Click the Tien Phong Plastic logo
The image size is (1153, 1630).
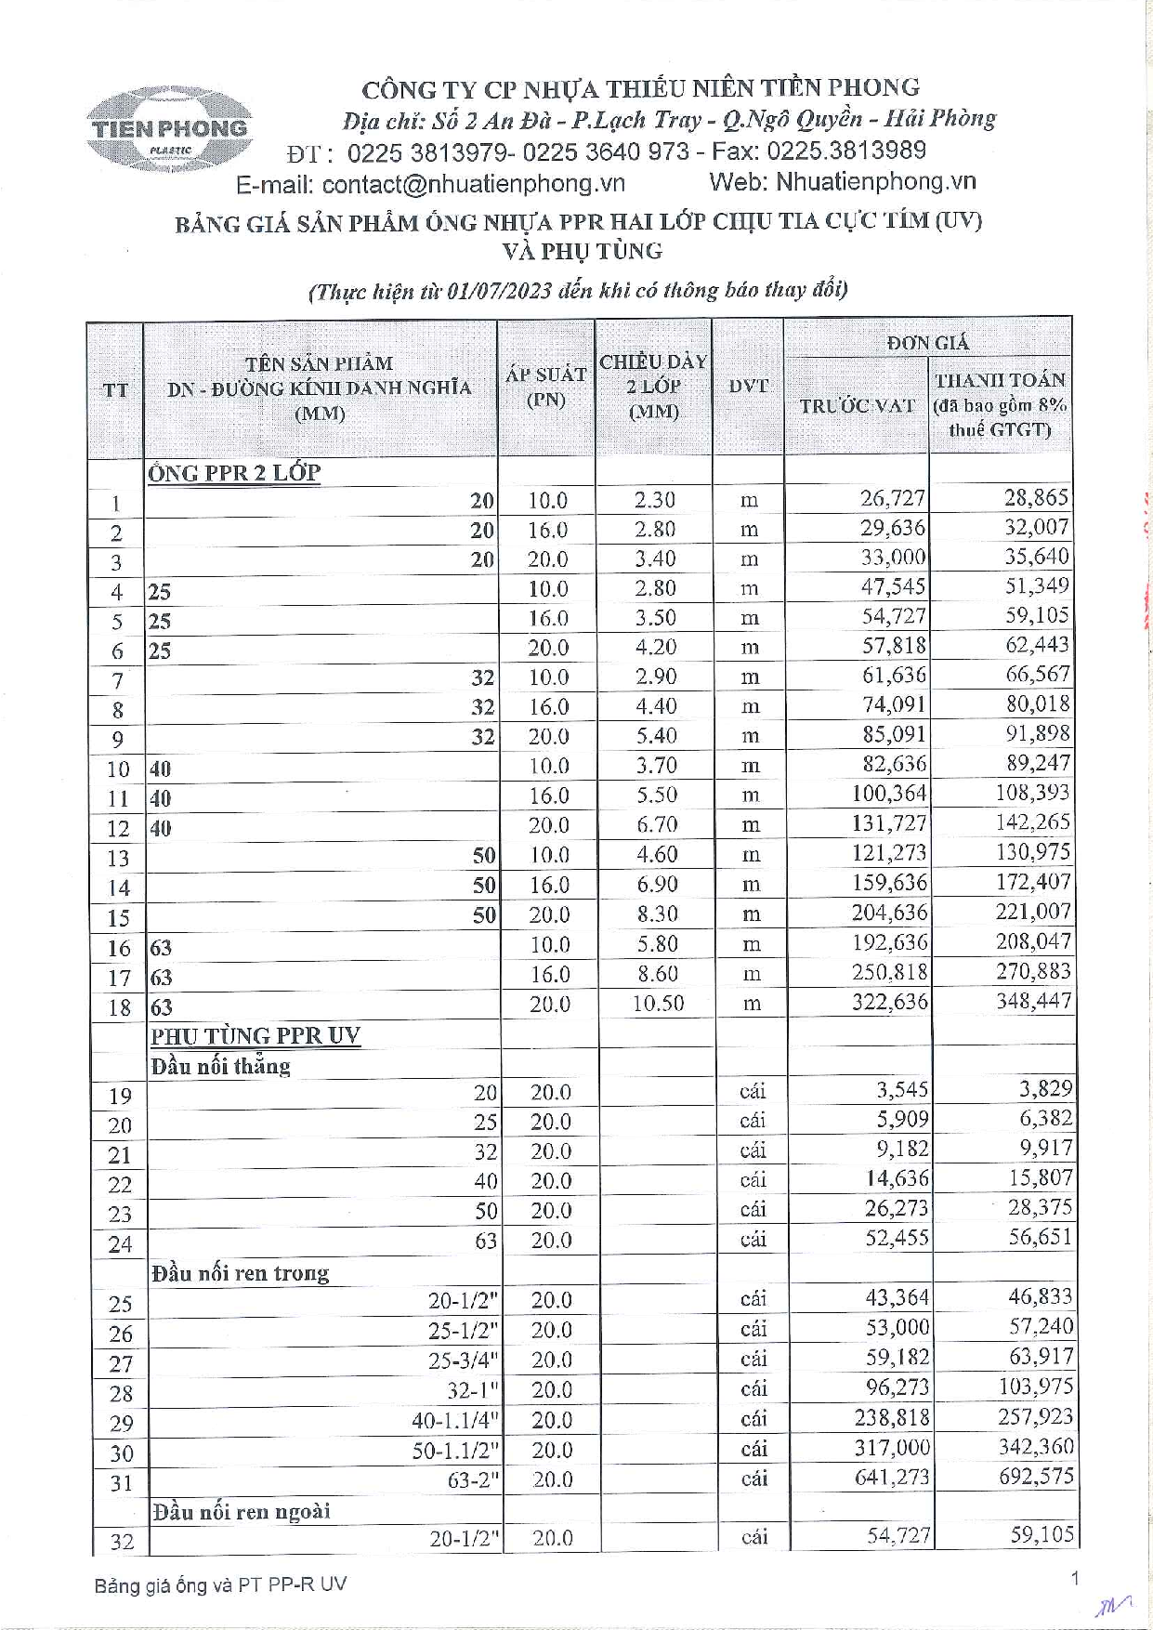(169, 129)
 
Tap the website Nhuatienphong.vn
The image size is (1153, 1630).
(875, 182)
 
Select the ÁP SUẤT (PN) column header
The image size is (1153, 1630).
(545, 387)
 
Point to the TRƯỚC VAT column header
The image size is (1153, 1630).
(857, 405)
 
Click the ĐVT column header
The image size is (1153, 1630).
(748, 386)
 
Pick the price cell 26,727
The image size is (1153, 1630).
(892, 499)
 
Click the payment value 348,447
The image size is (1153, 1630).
(1033, 1002)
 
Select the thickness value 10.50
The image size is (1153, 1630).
(658, 1004)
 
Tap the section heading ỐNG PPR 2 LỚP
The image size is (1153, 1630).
(233, 472)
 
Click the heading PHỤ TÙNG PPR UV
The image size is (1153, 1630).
(255, 1035)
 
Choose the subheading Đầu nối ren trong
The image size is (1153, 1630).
(240, 1272)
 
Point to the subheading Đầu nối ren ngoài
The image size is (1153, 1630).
(241, 1511)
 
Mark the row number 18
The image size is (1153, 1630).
(119, 1007)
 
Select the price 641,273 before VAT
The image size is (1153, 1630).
(892, 1477)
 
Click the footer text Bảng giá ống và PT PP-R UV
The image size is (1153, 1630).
(220, 1584)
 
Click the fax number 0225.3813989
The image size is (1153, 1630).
(846, 151)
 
